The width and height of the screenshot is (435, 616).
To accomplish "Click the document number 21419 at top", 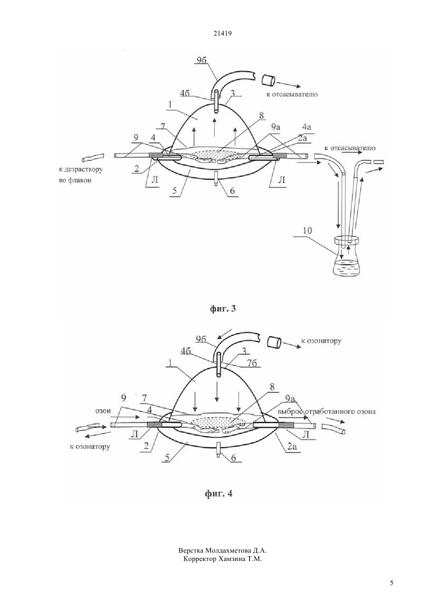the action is [222, 34].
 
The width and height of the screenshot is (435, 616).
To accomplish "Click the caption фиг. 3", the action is [223, 308].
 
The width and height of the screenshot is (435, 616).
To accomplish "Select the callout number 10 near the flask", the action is [307, 230].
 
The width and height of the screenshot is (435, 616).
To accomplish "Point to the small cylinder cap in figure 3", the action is [268, 81].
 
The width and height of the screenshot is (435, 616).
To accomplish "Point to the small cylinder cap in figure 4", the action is [274, 343].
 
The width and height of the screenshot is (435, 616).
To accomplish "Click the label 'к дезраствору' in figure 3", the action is [81, 169].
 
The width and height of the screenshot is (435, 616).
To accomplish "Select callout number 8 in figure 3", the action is [261, 116].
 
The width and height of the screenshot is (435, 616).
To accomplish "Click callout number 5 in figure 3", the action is [175, 190].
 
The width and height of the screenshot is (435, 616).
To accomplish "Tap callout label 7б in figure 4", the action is [252, 363].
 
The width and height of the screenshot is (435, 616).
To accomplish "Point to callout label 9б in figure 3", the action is [202, 60].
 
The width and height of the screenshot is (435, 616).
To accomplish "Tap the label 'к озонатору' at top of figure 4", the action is [321, 341].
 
